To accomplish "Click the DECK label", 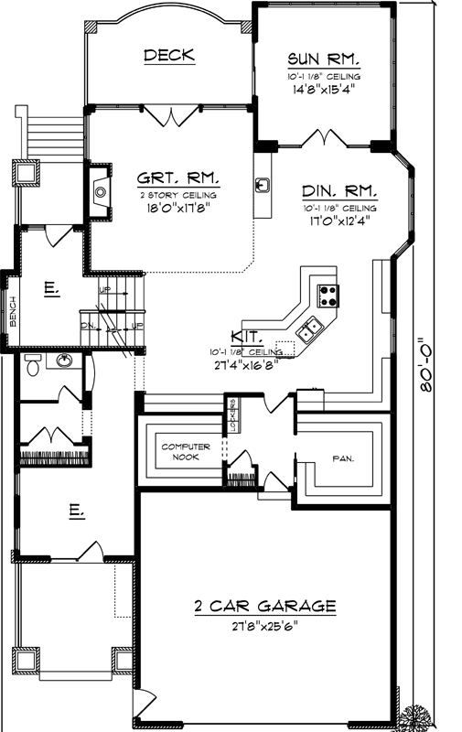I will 169,56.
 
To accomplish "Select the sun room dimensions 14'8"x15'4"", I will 323,90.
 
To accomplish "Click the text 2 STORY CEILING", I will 177,195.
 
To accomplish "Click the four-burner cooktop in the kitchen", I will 328,295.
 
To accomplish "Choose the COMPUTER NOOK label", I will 186,451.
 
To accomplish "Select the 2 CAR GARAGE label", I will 264,606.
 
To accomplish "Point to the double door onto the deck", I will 171,115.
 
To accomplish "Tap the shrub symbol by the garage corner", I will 428,716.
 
